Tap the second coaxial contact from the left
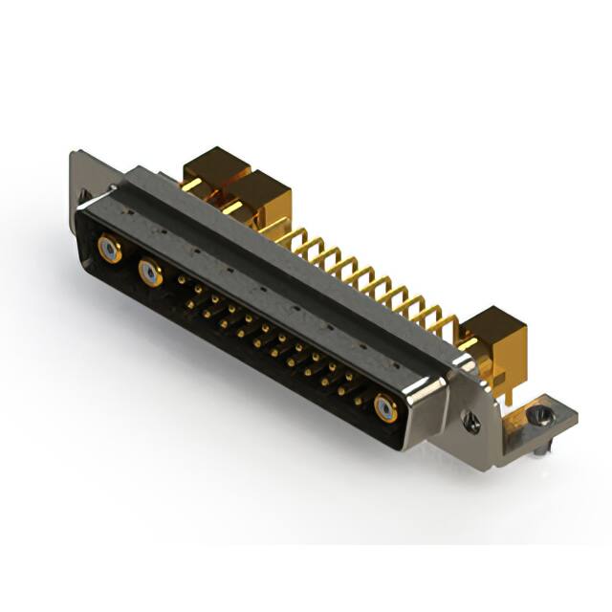pos(150,274)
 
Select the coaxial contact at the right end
pos(385,409)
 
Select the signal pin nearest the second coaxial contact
pos(182,280)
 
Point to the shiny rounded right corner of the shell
pos(426,393)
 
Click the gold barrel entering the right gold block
pos(469,342)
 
